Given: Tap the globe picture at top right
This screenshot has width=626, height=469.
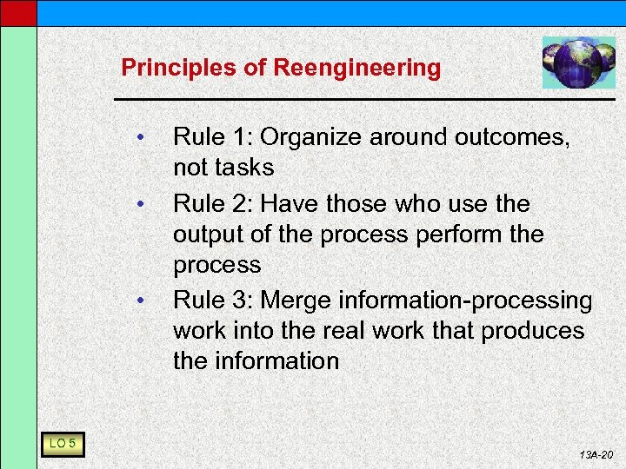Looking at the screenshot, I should (x=578, y=63).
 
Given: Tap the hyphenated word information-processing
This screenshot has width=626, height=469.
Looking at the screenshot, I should (x=466, y=301).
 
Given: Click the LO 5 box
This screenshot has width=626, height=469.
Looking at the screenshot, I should (x=61, y=445).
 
